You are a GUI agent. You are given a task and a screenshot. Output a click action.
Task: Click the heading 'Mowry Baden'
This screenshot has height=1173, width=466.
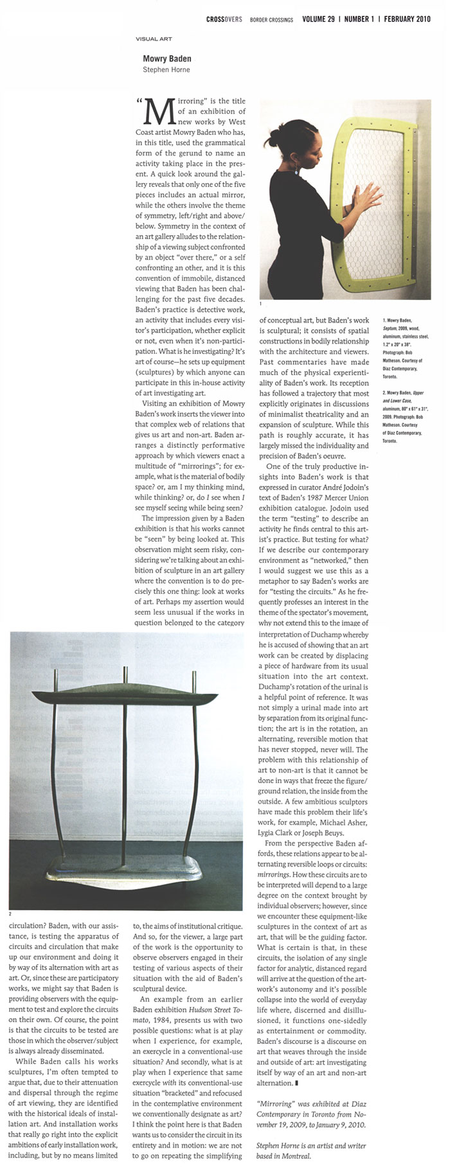pyautogui.click(x=166, y=58)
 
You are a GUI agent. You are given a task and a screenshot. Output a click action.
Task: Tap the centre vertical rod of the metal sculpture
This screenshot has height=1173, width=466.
pyautogui.click(x=123, y=771)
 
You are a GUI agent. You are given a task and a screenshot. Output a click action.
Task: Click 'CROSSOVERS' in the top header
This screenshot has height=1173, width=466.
pyautogui.click(x=224, y=19)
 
